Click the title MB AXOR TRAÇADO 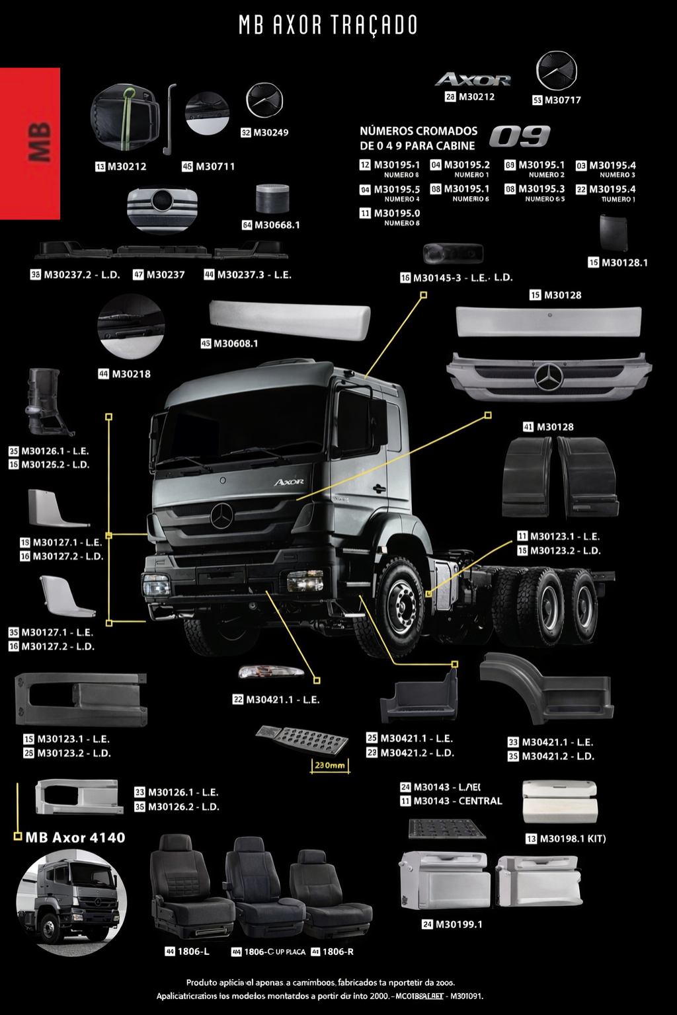click(328, 25)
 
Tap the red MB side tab click(30, 143)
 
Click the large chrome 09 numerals click(520, 137)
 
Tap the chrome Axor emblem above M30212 click(473, 80)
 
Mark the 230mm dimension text click(329, 765)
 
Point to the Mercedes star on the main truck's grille click(222, 515)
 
